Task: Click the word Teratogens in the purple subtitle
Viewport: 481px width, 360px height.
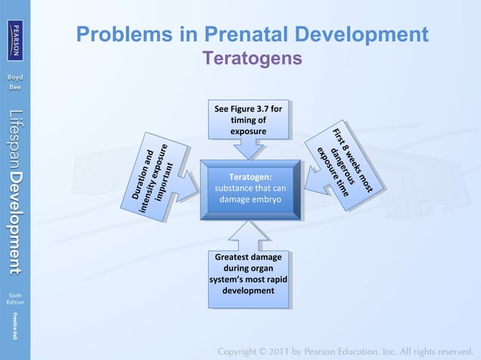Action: pyautogui.click(x=252, y=58)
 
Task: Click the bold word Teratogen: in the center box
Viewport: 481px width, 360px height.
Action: pyautogui.click(x=250, y=176)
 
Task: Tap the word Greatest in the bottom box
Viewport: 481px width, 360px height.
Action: pyautogui.click(x=227, y=258)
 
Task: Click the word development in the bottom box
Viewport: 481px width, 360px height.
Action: pyautogui.click(x=248, y=290)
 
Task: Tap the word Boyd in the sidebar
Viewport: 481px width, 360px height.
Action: pyautogui.click(x=15, y=78)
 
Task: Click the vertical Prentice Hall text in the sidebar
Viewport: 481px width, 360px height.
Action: pyautogui.click(x=15, y=329)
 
